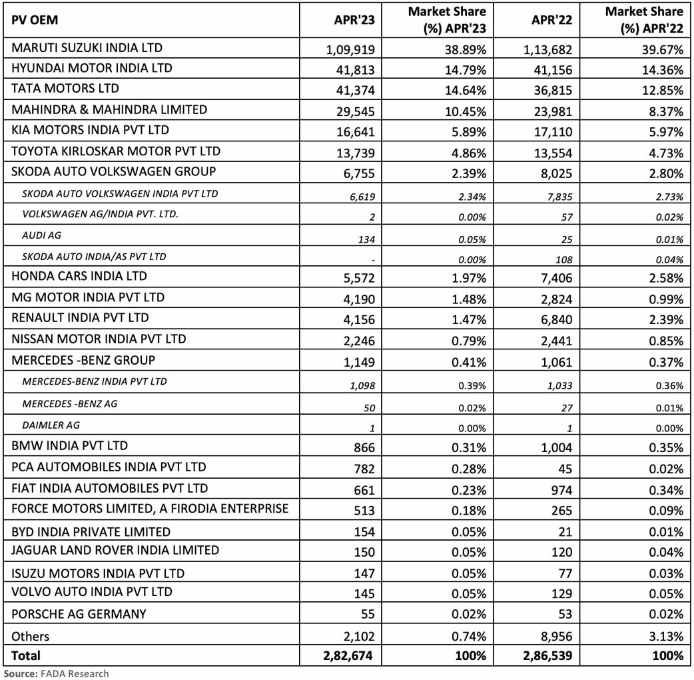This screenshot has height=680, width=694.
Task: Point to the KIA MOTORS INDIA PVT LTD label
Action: (91, 130)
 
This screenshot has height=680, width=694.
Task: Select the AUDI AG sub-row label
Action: (41, 236)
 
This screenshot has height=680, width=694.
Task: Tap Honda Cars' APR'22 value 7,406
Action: (554, 278)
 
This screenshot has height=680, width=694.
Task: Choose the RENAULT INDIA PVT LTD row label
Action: (80, 318)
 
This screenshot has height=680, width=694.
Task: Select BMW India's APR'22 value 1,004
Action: (554, 447)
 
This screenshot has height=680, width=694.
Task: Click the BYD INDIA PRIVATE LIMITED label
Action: (91, 531)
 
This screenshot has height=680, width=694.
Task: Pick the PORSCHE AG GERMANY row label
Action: (79, 613)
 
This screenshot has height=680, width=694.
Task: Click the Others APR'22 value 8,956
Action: (554, 636)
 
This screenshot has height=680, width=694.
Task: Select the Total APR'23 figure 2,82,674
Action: (346, 656)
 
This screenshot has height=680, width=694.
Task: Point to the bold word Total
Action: (25, 655)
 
